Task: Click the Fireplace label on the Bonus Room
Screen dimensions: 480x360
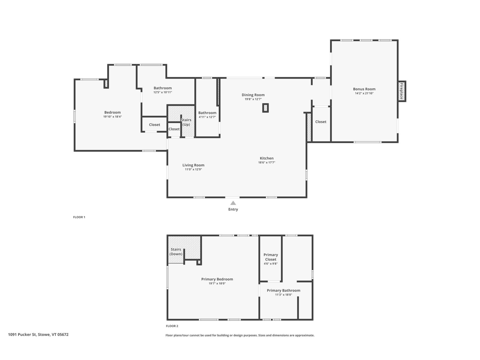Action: click(401, 91)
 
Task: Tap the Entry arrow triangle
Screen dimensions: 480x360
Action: click(233, 203)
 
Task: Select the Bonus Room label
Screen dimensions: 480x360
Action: click(364, 89)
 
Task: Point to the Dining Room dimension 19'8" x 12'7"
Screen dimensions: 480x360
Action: click(253, 99)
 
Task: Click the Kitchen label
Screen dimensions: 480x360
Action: click(267, 158)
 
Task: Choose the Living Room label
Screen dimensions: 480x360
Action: click(193, 165)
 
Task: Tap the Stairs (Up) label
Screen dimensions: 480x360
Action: click(186, 122)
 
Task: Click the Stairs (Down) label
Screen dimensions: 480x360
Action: click(176, 252)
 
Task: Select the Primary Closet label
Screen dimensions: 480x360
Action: click(271, 257)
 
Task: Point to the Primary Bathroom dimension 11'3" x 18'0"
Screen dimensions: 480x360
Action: click(283, 295)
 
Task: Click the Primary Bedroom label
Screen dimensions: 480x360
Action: click(217, 279)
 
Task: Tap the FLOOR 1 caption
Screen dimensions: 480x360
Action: click(79, 217)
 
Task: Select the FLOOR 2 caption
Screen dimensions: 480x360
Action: click(172, 326)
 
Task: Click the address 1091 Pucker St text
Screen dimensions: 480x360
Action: click(22, 334)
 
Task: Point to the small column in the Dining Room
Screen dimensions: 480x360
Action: click(265, 108)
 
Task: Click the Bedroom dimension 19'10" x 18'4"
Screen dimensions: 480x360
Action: click(112, 116)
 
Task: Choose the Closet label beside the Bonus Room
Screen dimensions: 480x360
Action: click(321, 122)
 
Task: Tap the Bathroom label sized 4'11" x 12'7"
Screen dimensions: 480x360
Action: click(207, 113)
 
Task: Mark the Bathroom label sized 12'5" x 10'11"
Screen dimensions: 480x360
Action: click(163, 88)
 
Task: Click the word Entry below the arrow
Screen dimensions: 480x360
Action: click(233, 209)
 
